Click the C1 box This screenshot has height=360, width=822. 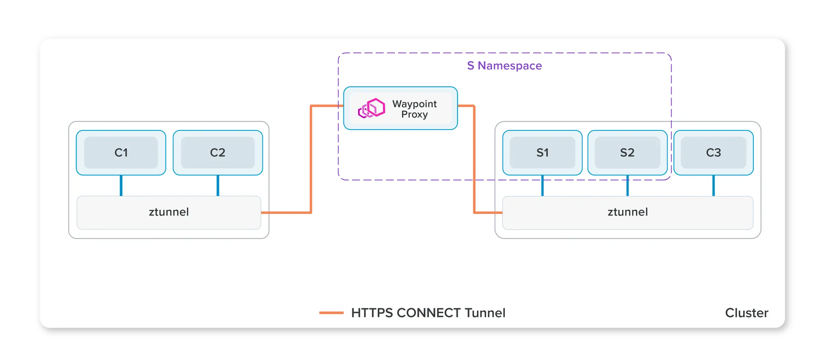pyautogui.click(x=121, y=153)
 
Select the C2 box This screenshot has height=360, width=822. pyautogui.click(x=218, y=153)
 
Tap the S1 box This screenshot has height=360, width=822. pyautogui.click(x=542, y=153)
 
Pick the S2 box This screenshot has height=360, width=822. pyautogui.click(x=627, y=153)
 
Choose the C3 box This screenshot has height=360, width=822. pyautogui.click(x=713, y=153)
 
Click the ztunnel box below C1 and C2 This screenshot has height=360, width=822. pyautogui.click(x=169, y=212)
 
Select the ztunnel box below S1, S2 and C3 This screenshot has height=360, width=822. pyautogui.click(x=627, y=212)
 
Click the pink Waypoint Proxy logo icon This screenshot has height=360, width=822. pyautogui.click(x=371, y=108)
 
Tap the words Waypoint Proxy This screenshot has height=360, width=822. pyautogui.click(x=415, y=109)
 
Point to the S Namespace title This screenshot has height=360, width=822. pyautogui.click(x=504, y=65)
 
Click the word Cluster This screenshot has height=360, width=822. pyautogui.click(x=746, y=313)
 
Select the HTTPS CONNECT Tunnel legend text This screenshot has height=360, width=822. pyautogui.click(x=428, y=313)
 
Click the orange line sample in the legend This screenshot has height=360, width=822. pyautogui.click(x=331, y=313)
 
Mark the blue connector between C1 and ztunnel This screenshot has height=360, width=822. pyautogui.click(x=121, y=185)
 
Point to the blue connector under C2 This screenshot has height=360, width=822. pyautogui.click(x=218, y=185)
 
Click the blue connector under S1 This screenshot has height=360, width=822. pyautogui.click(x=542, y=185)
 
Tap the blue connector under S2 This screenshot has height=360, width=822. pyautogui.click(x=627, y=185)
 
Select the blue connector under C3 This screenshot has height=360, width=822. pyautogui.click(x=713, y=185)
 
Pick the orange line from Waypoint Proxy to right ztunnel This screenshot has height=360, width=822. pyautogui.click(x=474, y=161)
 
